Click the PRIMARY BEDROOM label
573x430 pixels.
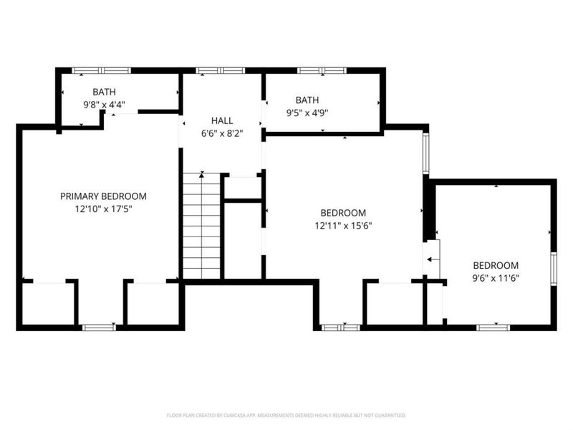tap(103, 196)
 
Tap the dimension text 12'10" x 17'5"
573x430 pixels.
tap(103, 209)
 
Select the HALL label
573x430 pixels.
tap(221, 120)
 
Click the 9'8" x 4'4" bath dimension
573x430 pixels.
tap(103, 105)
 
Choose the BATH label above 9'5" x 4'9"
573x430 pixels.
tap(307, 100)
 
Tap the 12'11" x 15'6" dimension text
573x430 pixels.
tap(343, 226)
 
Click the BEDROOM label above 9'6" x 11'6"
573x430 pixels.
tap(495, 264)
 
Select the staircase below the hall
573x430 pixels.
tap(201, 226)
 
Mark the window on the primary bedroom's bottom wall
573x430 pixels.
tap(98, 328)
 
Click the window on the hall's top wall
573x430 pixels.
tap(221, 70)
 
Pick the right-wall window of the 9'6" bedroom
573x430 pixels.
tap(553, 269)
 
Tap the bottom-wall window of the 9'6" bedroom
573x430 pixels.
tap(493, 328)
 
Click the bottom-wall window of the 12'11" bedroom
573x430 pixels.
tap(340, 328)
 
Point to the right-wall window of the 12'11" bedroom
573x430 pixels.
tap(426, 153)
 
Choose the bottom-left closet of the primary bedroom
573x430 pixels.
tap(47, 305)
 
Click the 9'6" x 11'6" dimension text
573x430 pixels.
tap(495, 277)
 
